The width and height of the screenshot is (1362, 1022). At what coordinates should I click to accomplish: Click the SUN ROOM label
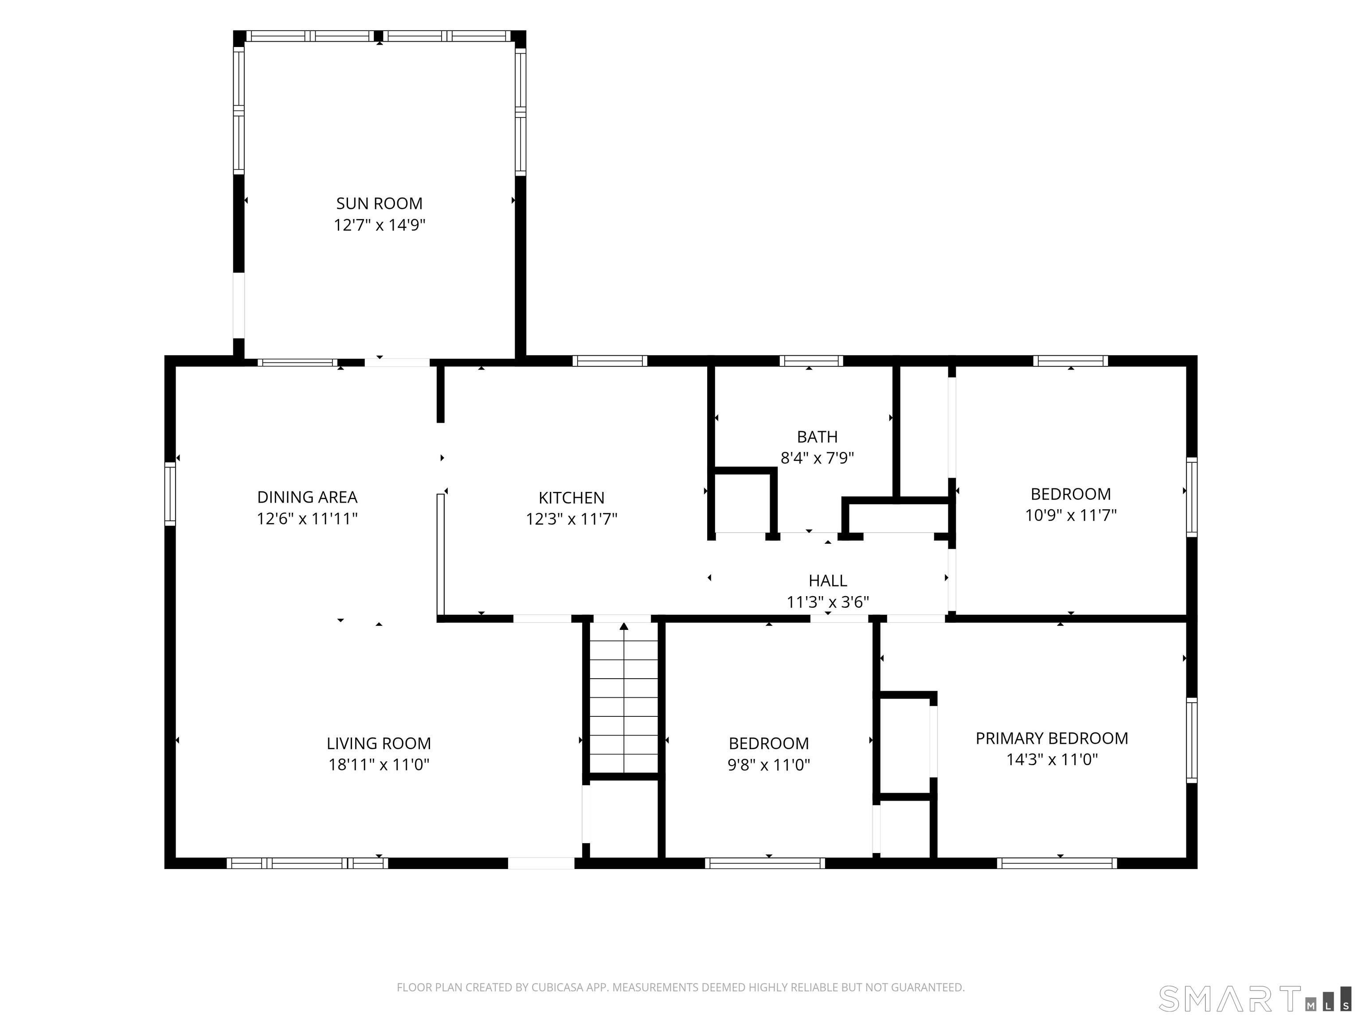379,203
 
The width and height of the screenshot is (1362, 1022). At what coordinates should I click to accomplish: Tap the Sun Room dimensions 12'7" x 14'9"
379,225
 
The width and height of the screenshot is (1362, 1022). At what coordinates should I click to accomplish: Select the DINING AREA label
307,497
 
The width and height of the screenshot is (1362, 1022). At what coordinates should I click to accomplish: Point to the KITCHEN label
571,498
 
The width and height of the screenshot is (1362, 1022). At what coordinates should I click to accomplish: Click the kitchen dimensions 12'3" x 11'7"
571,519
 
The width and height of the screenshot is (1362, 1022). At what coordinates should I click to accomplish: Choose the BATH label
817,437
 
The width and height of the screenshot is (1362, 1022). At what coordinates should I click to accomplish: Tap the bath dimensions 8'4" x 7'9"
817,458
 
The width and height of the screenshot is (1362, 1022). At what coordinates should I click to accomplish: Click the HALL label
828,580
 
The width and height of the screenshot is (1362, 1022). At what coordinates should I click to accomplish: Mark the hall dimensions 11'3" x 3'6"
828,602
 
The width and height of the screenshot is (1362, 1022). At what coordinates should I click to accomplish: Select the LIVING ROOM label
379,743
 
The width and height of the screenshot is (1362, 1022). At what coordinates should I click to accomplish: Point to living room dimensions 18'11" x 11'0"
379,764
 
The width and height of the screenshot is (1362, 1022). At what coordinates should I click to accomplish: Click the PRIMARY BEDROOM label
1052,738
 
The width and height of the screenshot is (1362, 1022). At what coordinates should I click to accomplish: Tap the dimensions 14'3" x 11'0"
1052,759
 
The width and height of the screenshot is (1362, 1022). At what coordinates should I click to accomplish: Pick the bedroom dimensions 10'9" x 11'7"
1071,515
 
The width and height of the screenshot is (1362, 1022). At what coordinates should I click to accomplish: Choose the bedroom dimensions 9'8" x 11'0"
768,764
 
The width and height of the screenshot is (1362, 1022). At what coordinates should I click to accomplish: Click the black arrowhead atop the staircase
624,626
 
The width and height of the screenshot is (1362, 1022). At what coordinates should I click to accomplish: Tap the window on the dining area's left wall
170,494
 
